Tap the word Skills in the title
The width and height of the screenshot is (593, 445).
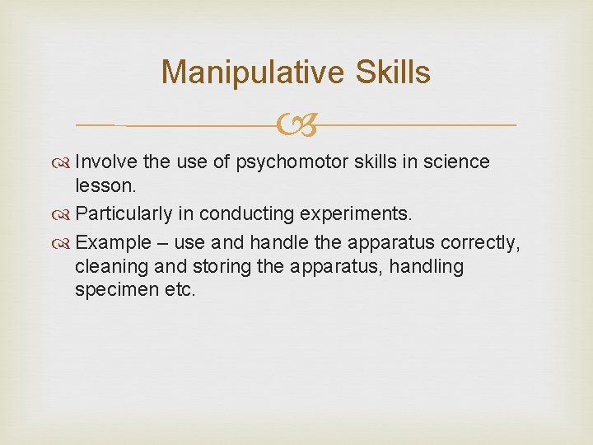click(x=392, y=73)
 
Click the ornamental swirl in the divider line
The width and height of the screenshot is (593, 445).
click(x=296, y=125)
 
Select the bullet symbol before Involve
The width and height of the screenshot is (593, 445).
click(x=63, y=163)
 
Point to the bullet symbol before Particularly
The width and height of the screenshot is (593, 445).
click(x=63, y=214)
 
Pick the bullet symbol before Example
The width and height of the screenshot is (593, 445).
click(x=63, y=243)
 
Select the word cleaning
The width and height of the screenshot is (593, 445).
click(x=106, y=267)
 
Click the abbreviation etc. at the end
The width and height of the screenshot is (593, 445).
click(x=178, y=291)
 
